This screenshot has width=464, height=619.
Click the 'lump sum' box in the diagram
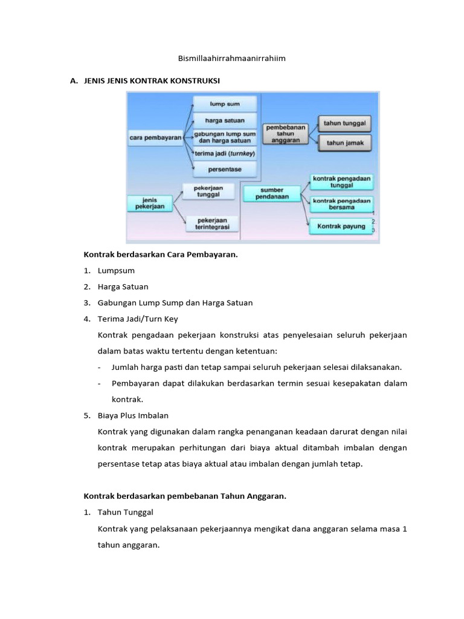(225, 103)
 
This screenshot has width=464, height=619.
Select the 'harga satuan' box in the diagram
(225, 120)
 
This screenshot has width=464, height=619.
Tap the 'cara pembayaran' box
(156, 138)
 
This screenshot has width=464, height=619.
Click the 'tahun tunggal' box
(344, 123)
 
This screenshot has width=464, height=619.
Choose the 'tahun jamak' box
(344, 143)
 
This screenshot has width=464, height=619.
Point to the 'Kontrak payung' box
(341, 226)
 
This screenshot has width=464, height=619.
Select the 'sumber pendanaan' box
(272, 193)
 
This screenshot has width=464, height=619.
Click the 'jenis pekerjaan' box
(150, 203)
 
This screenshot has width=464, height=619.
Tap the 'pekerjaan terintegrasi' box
(212, 224)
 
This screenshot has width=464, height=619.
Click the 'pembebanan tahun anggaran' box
(285, 134)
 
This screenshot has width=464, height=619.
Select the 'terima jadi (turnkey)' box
(225, 154)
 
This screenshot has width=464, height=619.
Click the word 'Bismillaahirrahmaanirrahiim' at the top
(231, 59)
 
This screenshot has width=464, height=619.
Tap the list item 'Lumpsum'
(116, 271)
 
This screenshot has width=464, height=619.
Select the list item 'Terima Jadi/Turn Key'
(138, 319)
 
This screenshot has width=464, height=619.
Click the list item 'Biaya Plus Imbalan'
(133, 415)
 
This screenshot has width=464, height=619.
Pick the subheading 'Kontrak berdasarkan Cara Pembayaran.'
(160, 254)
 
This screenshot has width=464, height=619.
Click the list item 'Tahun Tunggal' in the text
(126, 512)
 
